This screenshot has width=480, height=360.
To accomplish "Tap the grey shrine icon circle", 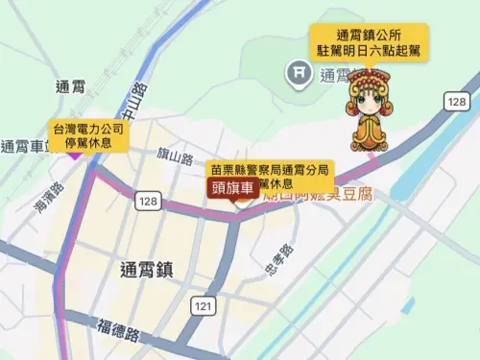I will click(299, 71).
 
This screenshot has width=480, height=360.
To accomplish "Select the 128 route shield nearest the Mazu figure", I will click(456, 101).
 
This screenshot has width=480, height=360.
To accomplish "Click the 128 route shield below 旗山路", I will click(147, 200).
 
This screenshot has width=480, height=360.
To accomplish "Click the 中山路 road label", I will click(133, 101).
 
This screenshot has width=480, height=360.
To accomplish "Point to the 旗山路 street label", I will click(174, 157).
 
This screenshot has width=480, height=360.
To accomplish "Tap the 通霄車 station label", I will click(23, 147).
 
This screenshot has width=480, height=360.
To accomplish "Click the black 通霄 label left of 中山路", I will click(72, 86).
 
